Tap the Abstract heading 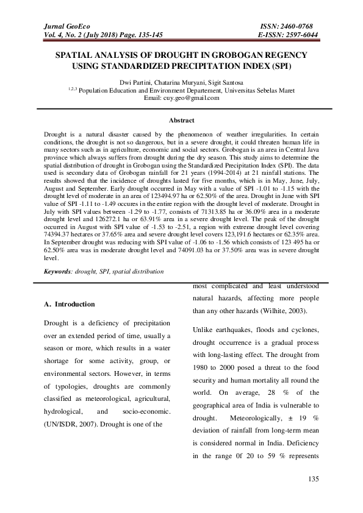coord(181,121)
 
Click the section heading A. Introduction coord(70,304)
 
